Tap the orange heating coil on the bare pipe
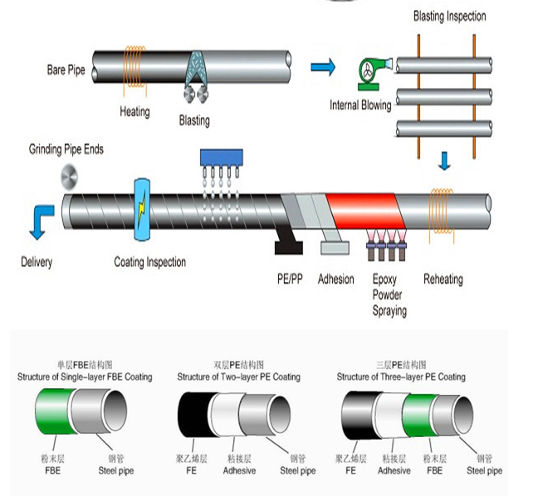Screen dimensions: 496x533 (x=134, y=67)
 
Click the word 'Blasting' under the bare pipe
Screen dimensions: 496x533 (x=194, y=121)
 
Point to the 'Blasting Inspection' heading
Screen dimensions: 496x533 (x=449, y=16)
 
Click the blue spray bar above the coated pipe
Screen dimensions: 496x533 (x=222, y=158)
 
